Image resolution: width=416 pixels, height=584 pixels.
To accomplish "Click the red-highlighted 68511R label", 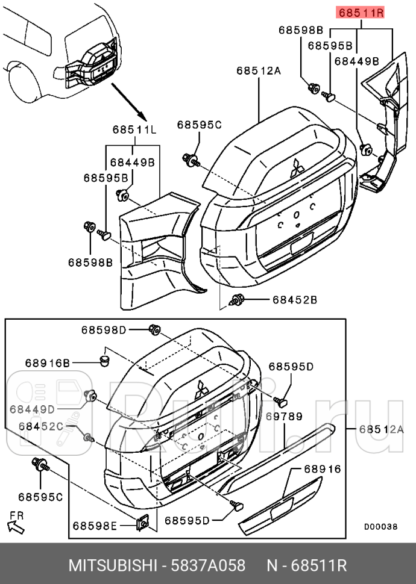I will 361,13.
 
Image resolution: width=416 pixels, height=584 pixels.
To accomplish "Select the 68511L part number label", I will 134,129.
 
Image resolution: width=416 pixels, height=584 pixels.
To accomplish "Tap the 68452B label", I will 294,299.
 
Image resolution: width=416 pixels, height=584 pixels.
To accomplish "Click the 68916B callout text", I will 48,362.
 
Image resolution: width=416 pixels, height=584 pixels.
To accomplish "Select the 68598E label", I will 95,526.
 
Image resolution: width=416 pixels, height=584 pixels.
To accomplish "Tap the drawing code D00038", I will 380,526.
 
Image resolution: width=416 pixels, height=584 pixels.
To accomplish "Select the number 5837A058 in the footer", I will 209,566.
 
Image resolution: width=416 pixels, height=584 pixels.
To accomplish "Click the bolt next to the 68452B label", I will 238,300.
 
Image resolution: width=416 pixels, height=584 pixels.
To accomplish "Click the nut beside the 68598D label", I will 154,329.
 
